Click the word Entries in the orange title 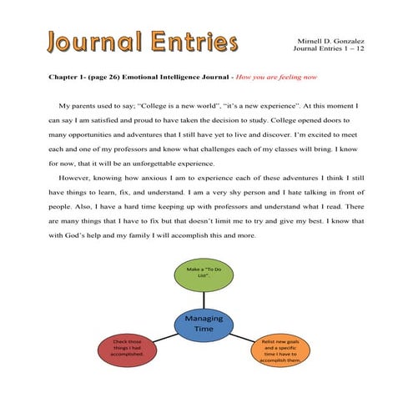tap(193, 41)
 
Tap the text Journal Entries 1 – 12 tap(330, 48)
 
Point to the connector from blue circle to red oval tap(162, 335)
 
